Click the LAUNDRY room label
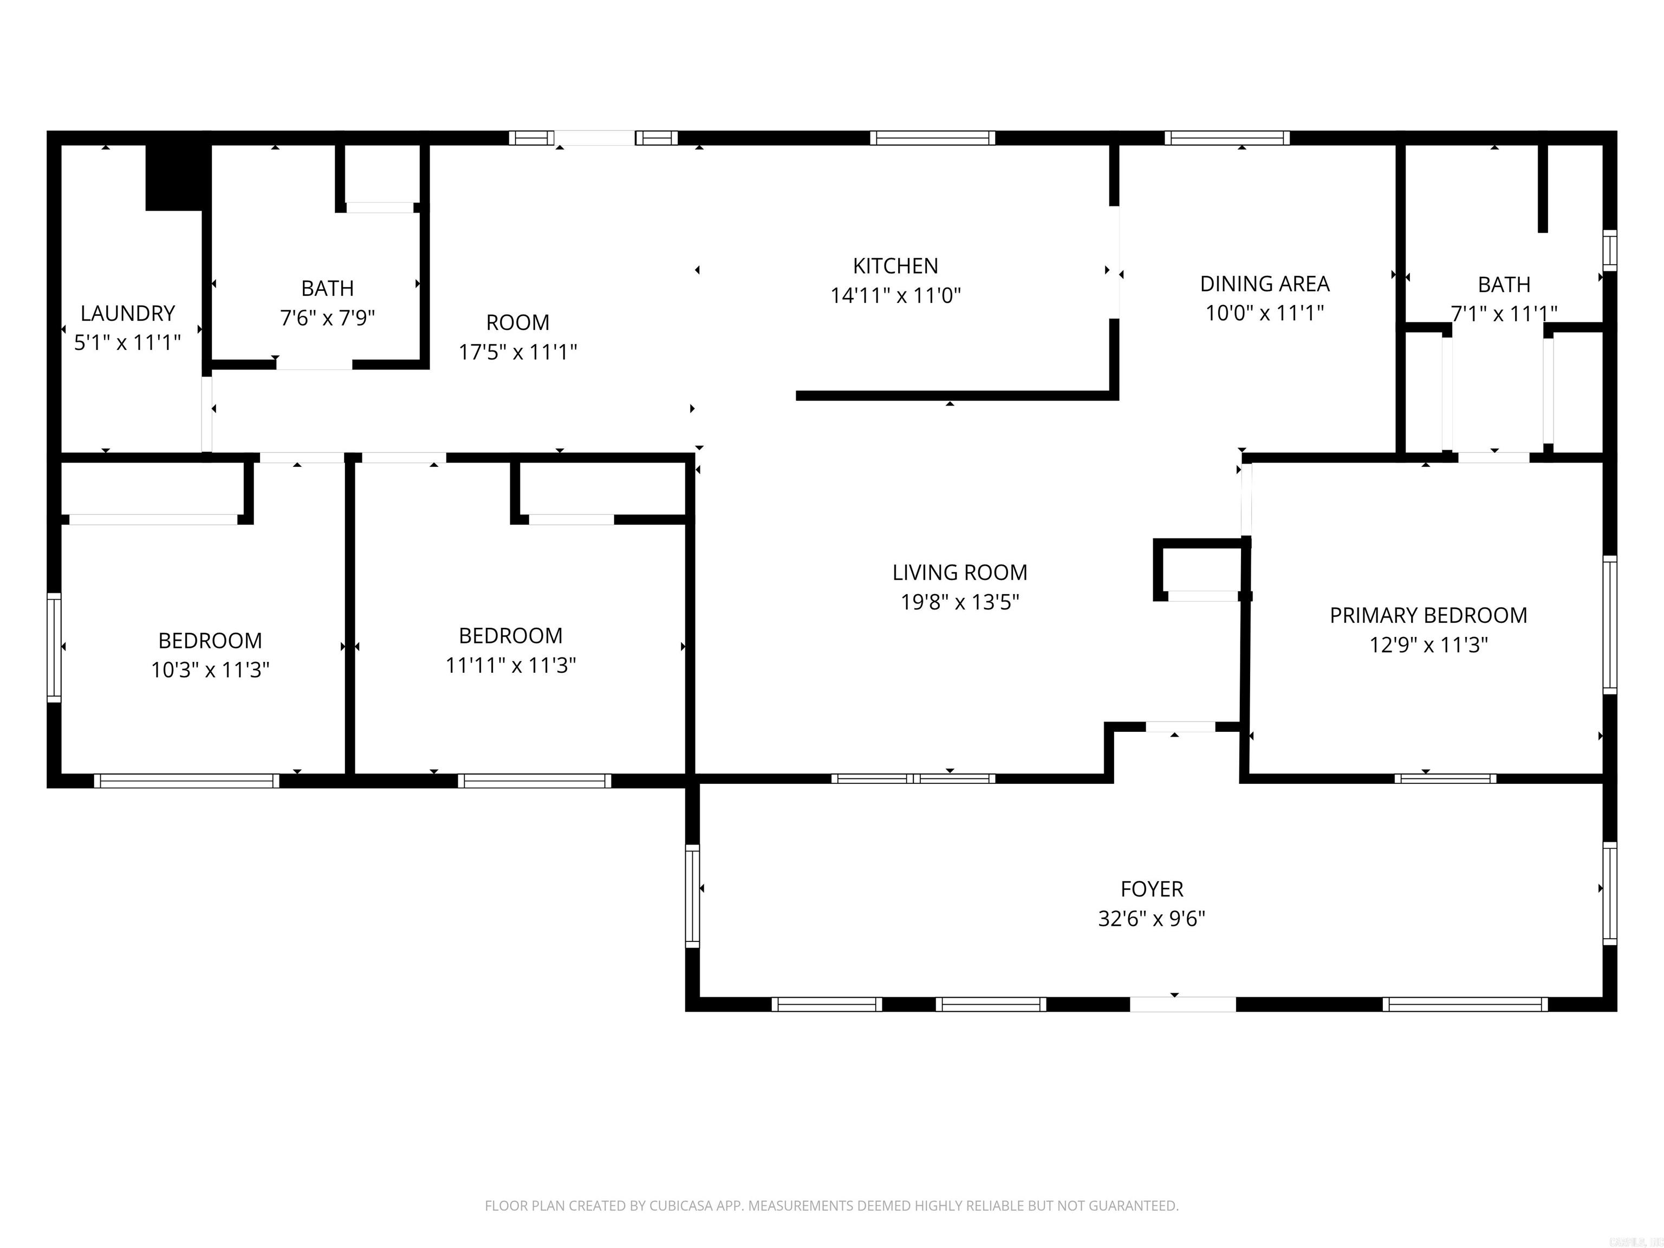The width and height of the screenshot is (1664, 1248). click(x=127, y=313)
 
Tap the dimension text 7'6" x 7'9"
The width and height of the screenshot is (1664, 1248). click(x=327, y=318)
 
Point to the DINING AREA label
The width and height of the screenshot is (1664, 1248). click(x=1265, y=284)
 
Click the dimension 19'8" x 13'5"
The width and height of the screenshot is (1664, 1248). click(x=960, y=602)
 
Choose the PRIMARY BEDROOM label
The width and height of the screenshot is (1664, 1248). click(x=1428, y=615)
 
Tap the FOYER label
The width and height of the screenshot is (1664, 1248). click(x=1152, y=889)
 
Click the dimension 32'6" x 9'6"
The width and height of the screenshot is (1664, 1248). click(x=1152, y=919)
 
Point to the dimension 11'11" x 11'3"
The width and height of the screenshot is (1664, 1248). click(x=510, y=665)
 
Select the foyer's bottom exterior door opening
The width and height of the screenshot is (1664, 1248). click(x=1182, y=1004)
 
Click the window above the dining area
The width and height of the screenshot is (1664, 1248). click(x=1227, y=138)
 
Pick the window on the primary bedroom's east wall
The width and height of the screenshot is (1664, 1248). click(x=1609, y=625)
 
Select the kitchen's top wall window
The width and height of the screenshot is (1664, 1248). click(x=932, y=138)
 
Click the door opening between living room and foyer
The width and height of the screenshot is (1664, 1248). click(x=1180, y=727)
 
